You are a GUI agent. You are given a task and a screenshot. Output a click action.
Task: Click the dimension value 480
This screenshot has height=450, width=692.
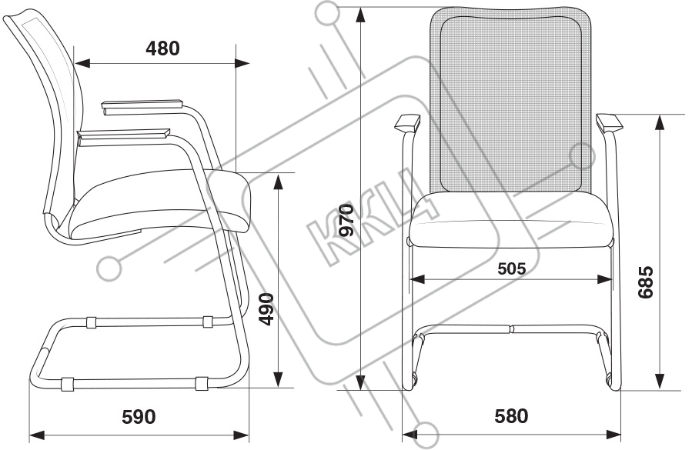162,48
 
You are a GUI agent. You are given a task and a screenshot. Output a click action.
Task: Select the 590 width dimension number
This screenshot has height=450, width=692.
139,417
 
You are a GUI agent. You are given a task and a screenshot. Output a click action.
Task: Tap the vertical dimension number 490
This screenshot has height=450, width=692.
266,309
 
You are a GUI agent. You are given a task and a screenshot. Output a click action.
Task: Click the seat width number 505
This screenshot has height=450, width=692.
511,268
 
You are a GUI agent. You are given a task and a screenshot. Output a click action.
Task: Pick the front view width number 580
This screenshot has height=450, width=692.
512,417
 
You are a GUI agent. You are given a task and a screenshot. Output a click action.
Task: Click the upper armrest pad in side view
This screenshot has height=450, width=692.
142,105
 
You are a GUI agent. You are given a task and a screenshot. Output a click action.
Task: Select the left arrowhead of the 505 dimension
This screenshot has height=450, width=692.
416,278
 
